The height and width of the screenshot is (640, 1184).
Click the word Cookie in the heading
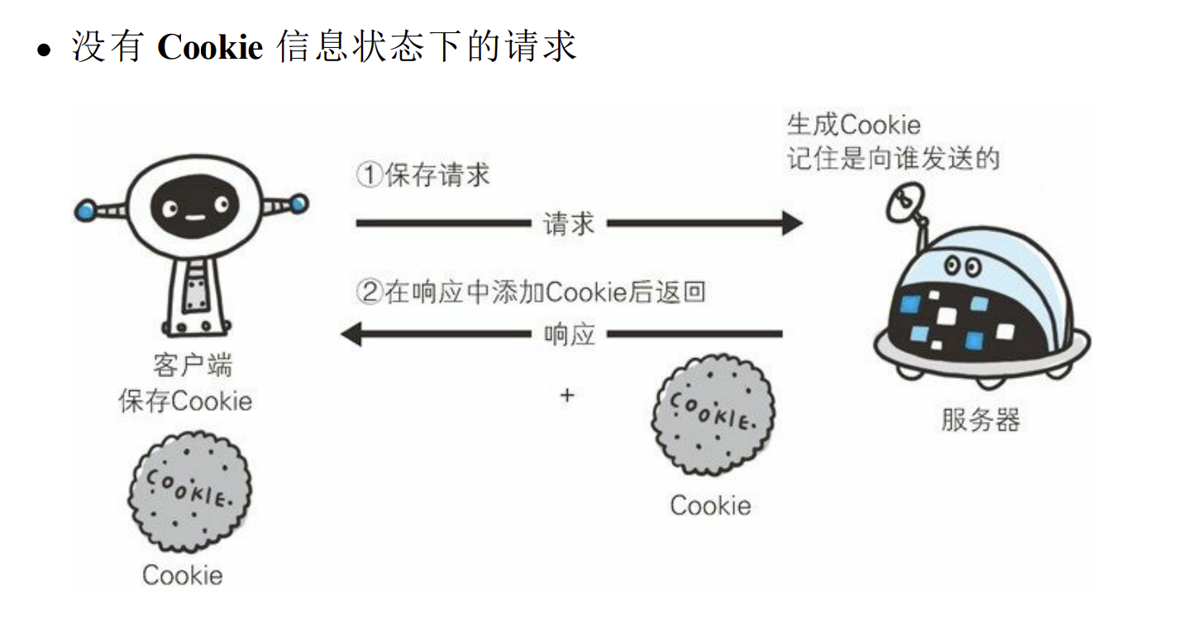[209, 47]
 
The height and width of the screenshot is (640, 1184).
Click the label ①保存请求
[423, 174]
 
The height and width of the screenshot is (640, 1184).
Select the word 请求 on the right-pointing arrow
[569, 223]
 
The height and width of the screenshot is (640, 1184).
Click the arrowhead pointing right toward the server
[791, 223]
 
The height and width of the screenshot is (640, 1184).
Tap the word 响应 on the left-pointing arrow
[569, 334]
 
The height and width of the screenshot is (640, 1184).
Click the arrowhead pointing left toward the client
[351, 334]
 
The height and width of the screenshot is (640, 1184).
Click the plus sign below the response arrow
[566, 395]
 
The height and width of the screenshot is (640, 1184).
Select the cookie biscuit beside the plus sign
[713, 415]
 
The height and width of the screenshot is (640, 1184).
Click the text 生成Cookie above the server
[853, 125]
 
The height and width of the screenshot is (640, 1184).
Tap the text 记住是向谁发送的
[893, 157]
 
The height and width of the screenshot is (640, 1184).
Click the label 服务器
[981, 419]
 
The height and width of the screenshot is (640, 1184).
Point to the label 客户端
[193, 366]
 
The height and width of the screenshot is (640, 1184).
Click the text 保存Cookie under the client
[185, 401]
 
